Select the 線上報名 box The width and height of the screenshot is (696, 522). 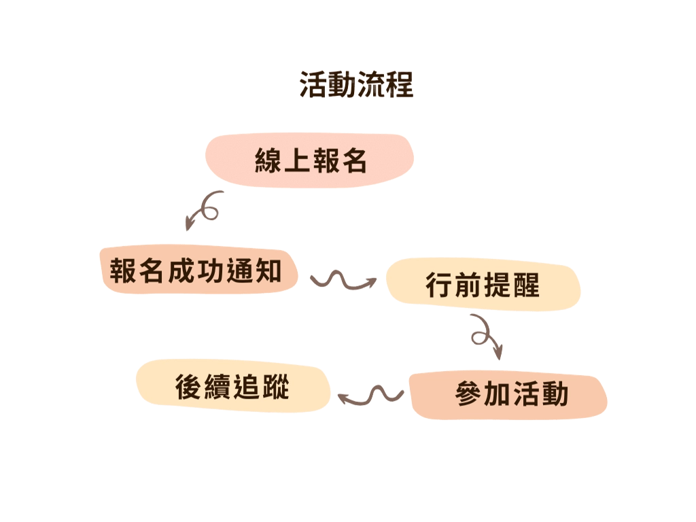click(310, 161)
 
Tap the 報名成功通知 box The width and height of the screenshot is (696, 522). click(198, 271)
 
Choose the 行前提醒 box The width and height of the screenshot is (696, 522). click(483, 285)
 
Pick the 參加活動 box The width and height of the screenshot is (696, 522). click(510, 394)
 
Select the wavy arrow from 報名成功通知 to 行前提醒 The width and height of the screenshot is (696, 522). click(343, 279)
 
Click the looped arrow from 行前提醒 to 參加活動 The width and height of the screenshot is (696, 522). click(487, 335)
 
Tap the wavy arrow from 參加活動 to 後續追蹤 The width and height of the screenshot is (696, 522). click(370, 395)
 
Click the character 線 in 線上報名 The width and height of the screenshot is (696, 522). click(267, 161)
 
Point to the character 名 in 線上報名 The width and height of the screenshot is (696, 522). click(355, 161)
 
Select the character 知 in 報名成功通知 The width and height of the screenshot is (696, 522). click(268, 271)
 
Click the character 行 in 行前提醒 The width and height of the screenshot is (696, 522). click(438, 285)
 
